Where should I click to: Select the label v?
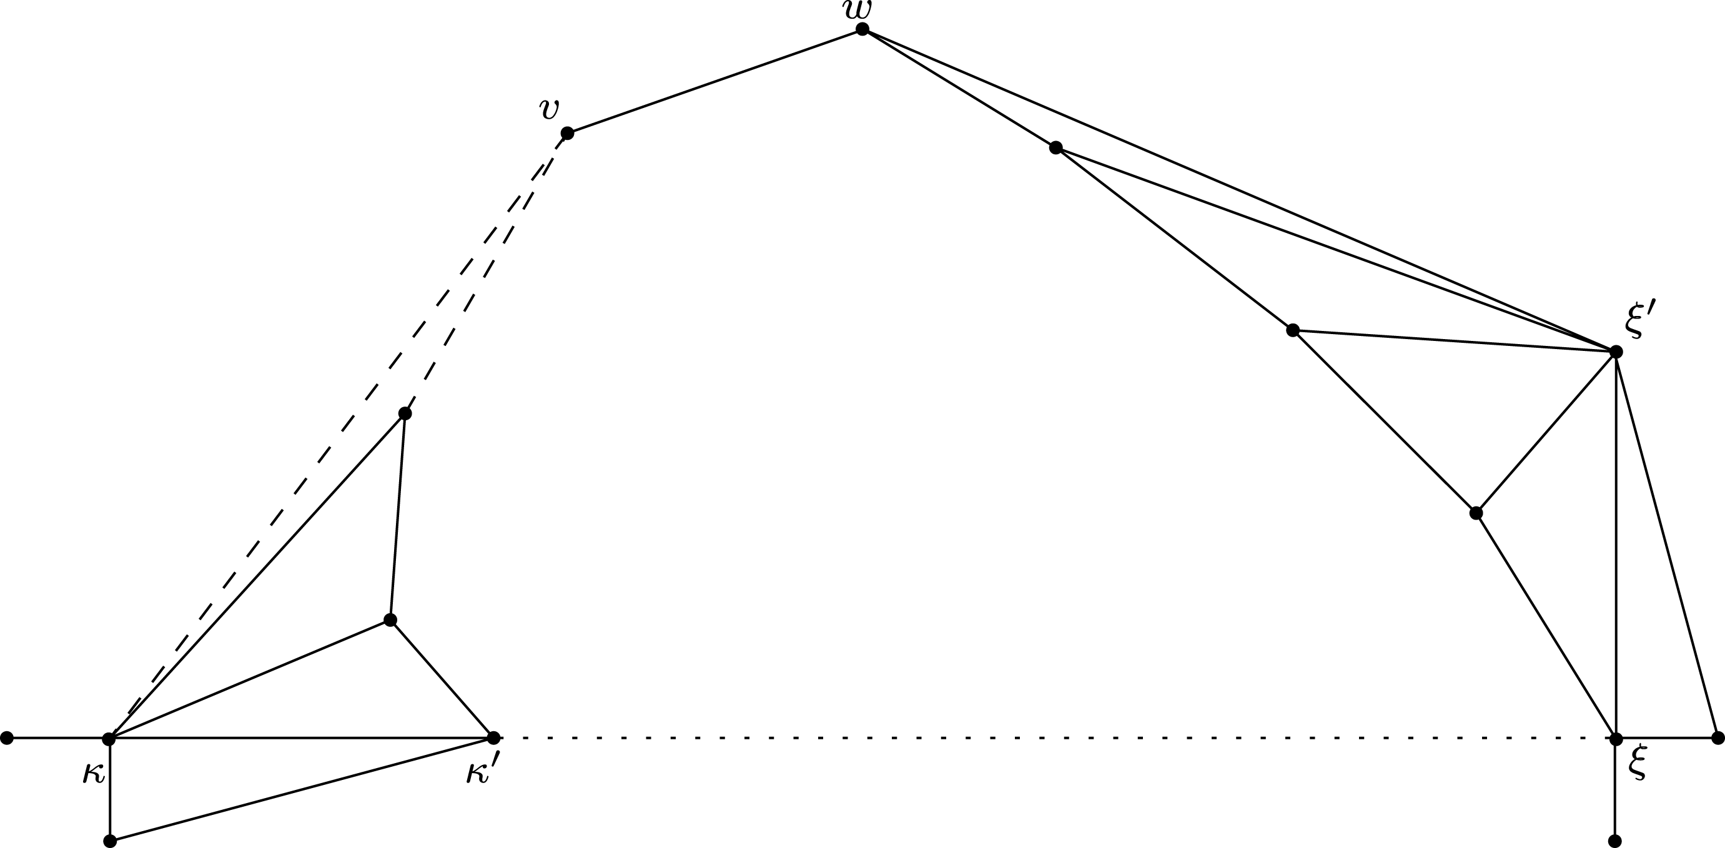pyautogui.click(x=549, y=109)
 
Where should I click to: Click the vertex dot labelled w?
pyautogui.click(x=862, y=29)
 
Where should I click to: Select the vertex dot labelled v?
pyautogui.click(x=567, y=133)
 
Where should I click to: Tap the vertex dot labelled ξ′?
pyautogui.click(x=1616, y=352)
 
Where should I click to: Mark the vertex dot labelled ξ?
pyautogui.click(x=1616, y=739)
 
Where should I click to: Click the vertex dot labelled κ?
pyautogui.click(x=109, y=739)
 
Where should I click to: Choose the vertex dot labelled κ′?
pyautogui.click(x=493, y=738)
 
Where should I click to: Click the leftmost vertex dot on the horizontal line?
pyautogui.click(x=7, y=738)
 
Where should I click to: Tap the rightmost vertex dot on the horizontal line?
pyautogui.click(x=1718, y=738)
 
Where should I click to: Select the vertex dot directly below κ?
pyautogui.click(x=111, y=841)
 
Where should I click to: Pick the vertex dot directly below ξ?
pyautogui.click(x=1614, y=841)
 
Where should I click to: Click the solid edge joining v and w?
pyautogui.click(x=714, y=81)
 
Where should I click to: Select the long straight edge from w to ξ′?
pyautogui.click(x=1239, y=190)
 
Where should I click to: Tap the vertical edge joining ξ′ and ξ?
pyautogui.click(x=1616, y=546)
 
